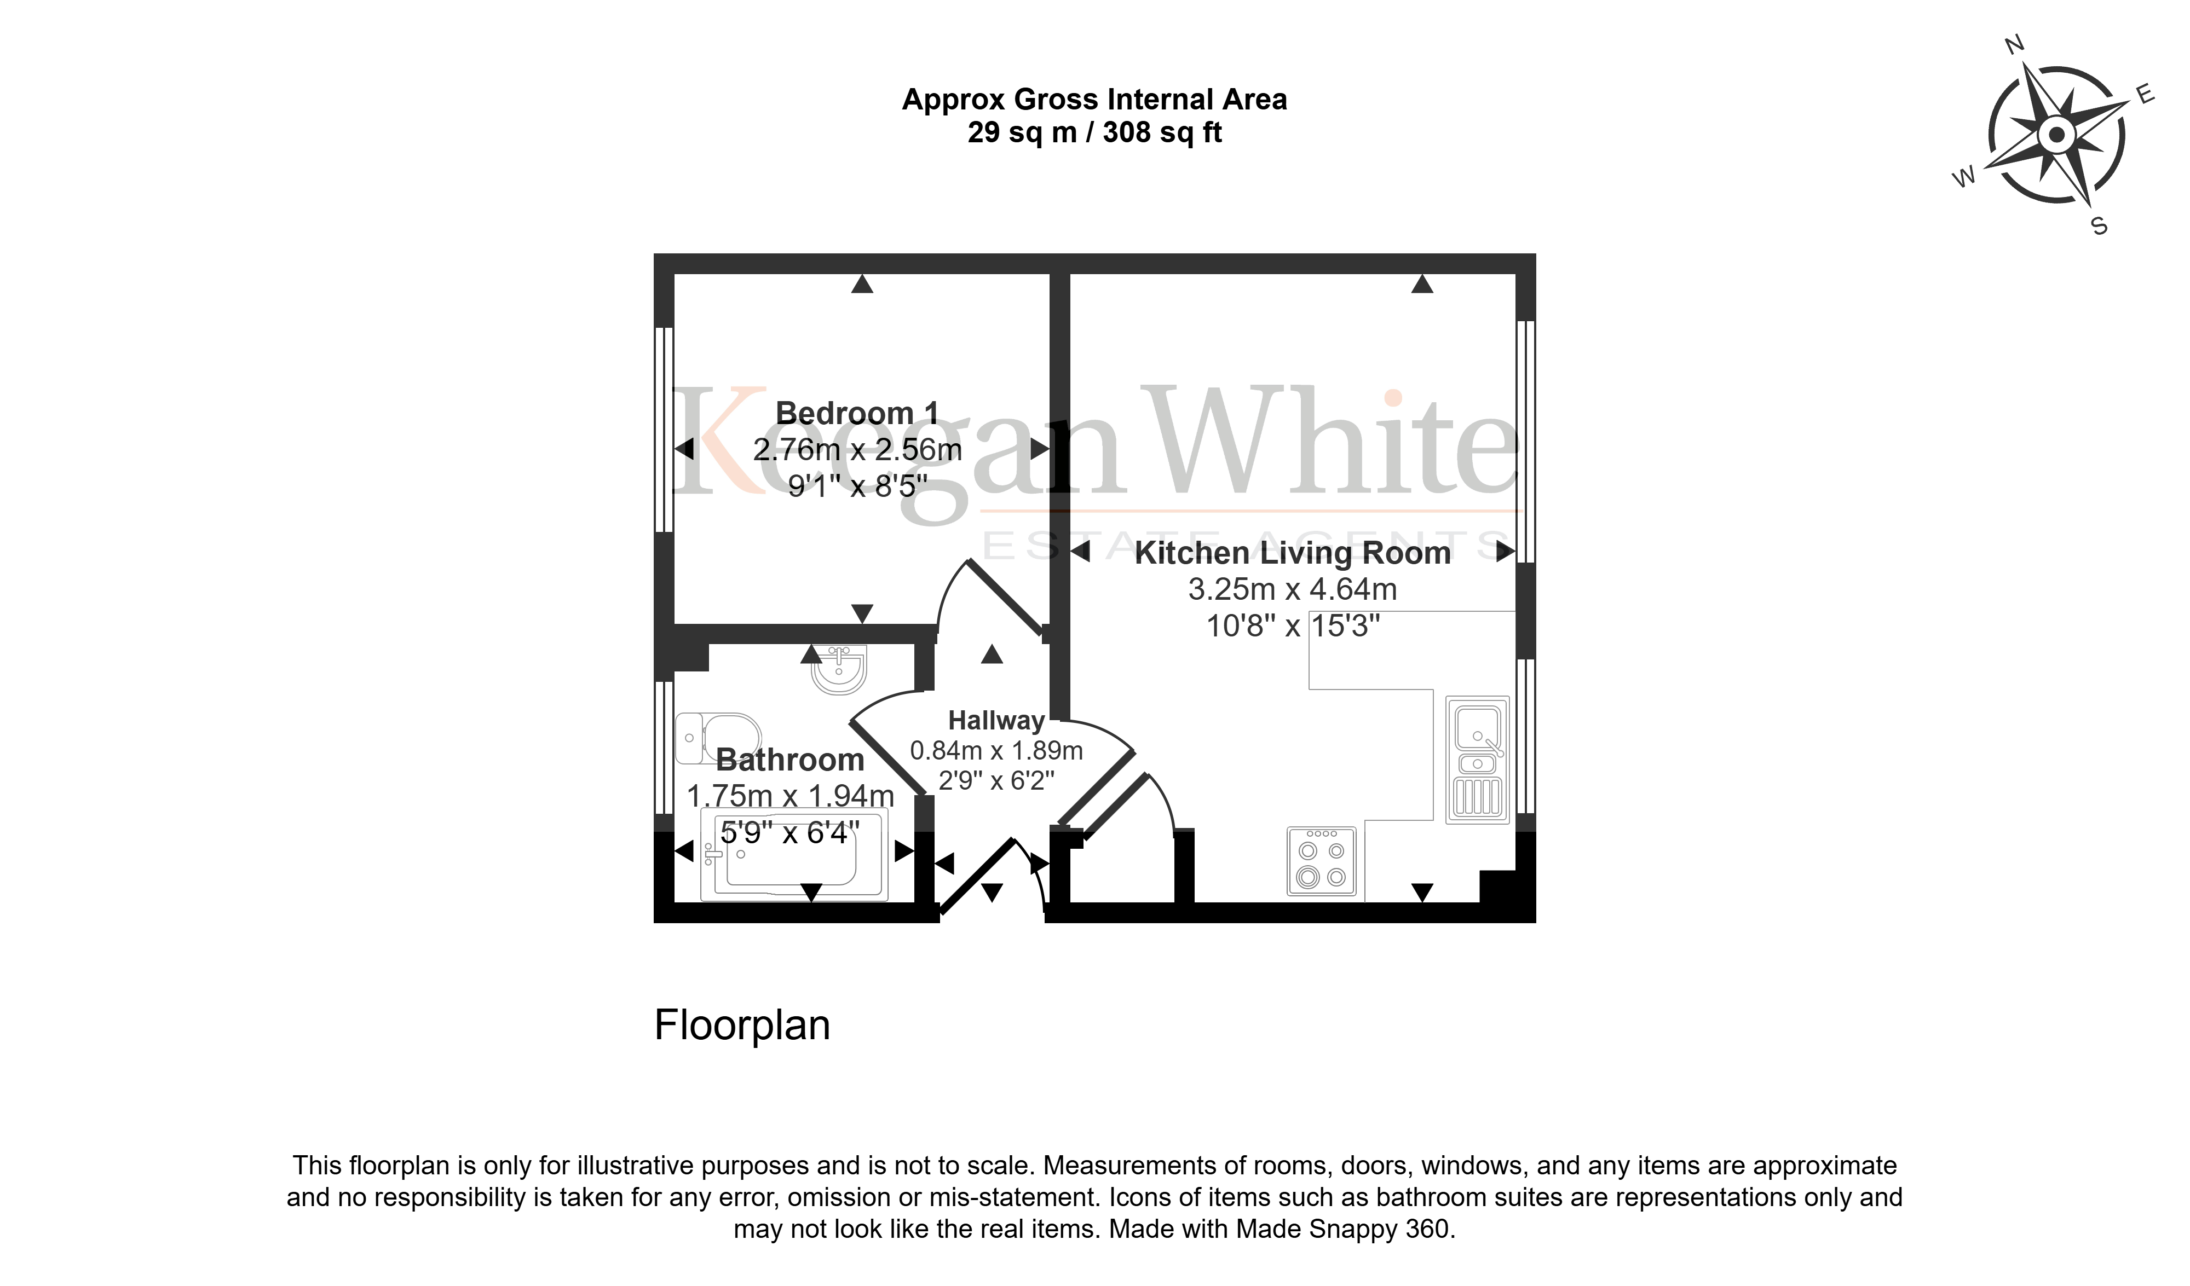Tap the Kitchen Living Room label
(x=1292, y=553)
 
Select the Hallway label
(x=996, y=720)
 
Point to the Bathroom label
(x=790, y=760)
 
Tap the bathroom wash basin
(x=839, y=670)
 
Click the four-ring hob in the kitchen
(x=1321, y=861)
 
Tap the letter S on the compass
(x=2099, y=227)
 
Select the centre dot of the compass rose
(x=2056, y=135)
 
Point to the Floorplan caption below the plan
(x=742, y=1026)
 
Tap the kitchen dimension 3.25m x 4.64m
(x=1292, y=589)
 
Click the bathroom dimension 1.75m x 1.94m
(x=790, y=796)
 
